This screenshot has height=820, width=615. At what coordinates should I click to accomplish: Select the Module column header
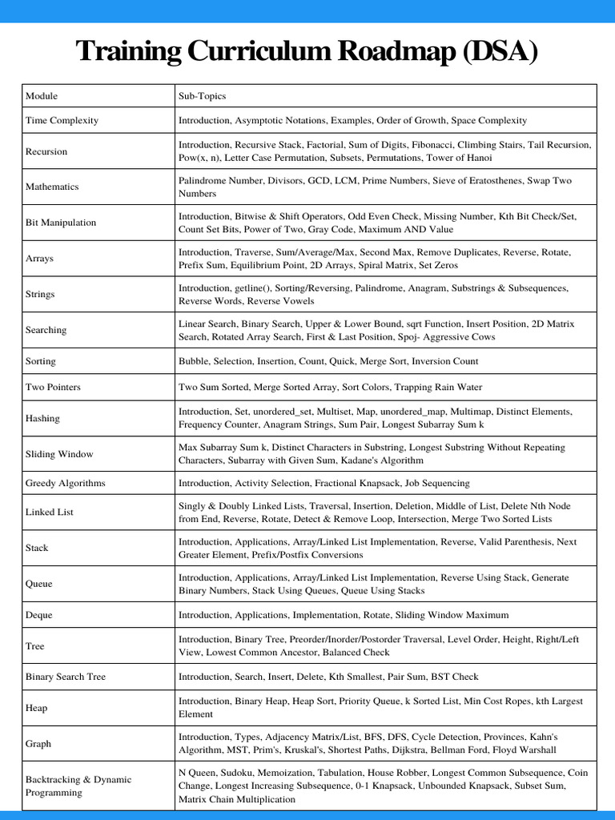[42, 96]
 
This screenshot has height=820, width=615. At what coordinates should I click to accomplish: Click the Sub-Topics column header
[202, 96]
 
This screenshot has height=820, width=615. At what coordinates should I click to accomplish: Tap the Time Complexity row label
[62, 120]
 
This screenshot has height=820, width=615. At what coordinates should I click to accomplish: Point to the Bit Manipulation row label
[61, 223]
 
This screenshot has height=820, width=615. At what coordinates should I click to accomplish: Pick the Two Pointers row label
[53, 387]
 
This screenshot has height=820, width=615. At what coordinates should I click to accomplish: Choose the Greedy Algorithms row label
[66, 483]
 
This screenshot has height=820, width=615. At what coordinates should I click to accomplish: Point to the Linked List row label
[50, 512]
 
